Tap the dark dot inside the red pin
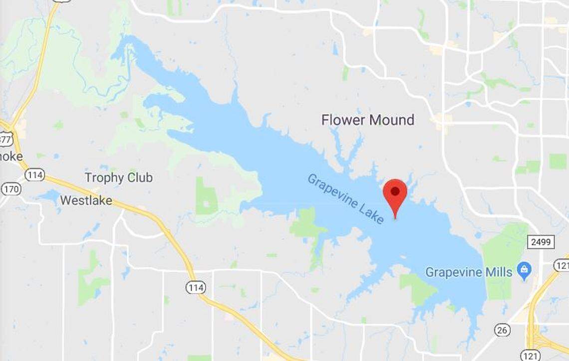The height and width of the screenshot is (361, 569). tap(395, 190)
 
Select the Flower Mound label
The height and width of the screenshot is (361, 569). tap(367, 120)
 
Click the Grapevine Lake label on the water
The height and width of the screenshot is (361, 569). tap(345, 198)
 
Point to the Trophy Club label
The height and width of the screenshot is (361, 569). tap(118, 178)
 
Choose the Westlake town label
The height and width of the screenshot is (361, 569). tap(86, 200)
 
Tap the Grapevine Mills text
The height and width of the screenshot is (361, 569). tap(469, 272)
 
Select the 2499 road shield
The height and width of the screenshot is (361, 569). tap(541, 242)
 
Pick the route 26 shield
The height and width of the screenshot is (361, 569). tap(502, 330)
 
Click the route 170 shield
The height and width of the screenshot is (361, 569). tap(10, 189)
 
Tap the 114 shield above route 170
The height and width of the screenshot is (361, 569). tap(34, 175)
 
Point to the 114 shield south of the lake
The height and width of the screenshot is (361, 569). tap(195, 287)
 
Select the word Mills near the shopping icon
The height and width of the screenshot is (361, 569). tap(501, 272)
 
